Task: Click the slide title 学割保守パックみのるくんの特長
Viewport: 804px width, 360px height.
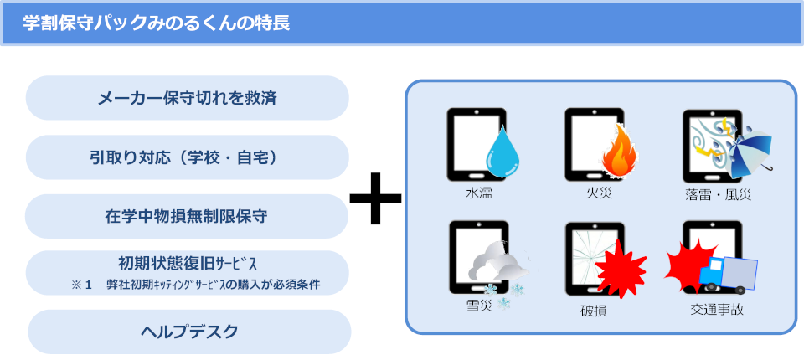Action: click(157, 23)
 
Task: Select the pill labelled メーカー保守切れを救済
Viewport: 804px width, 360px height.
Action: click(187, 98)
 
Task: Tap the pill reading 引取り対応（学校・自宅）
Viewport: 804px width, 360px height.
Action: click(187, 157)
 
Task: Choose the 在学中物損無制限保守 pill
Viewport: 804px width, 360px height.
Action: click(187, 216)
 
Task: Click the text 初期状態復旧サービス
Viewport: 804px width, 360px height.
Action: click(187, 264)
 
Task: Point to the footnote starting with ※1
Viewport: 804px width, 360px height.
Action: click(196, 285)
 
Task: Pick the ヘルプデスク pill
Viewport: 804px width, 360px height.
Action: click(189, 332)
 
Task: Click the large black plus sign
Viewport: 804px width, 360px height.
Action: click(376, 198)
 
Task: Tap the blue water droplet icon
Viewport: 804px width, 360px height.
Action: click(502, 152)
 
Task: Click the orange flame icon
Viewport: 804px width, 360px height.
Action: click(620, 152)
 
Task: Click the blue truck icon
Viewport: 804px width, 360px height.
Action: click(728, 275)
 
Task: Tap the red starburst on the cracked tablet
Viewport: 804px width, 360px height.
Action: click(621, 268)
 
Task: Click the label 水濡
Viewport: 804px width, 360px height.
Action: click(479, 193)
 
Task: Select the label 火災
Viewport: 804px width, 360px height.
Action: click(599, 193)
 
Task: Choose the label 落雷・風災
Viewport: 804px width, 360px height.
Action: click(718, 194)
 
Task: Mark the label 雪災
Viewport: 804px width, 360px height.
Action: click(480, 306)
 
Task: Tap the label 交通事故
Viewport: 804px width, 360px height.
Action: click(717, 309)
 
